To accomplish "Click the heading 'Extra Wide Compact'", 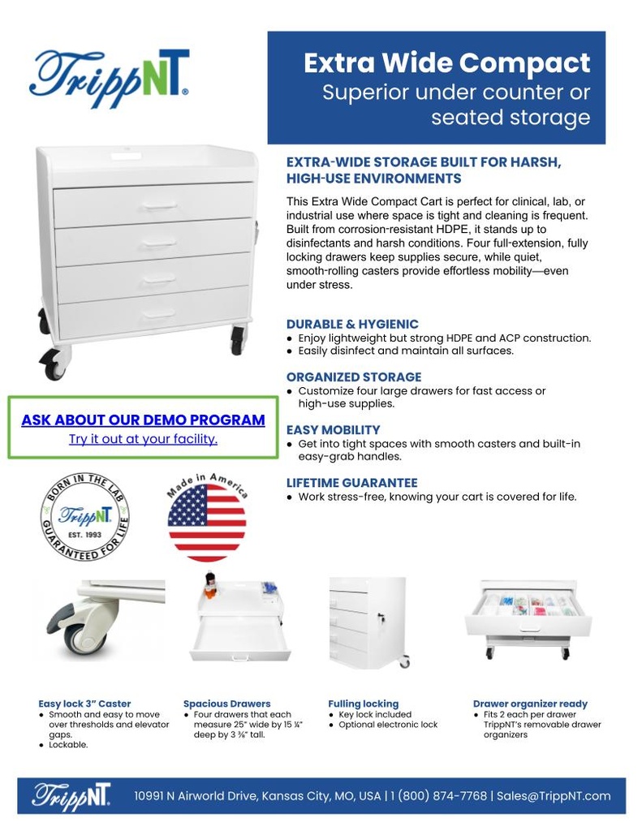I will tap(446, 62).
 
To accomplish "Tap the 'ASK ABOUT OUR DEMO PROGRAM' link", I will tap(143, 420).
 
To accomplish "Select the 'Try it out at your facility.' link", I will tap(143, 439).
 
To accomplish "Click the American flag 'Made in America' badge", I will tap(207, 518).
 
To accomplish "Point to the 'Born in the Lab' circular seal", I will tap(85, 517).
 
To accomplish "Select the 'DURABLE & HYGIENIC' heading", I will tap(352, 325).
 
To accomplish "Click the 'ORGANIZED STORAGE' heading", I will tap(354, 377).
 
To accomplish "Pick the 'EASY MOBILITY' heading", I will tap(334, 430).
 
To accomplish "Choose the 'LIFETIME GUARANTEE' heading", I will tap(352, 483).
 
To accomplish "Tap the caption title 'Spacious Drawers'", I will tap(226, 704).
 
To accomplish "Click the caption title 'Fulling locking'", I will tap(363, 704).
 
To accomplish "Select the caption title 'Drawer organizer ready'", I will tap(530, 704).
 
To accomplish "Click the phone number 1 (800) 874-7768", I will tap(438, 796).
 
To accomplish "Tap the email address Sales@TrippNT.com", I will tap(554, 796).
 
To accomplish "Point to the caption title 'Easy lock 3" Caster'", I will tap(84, 704).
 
